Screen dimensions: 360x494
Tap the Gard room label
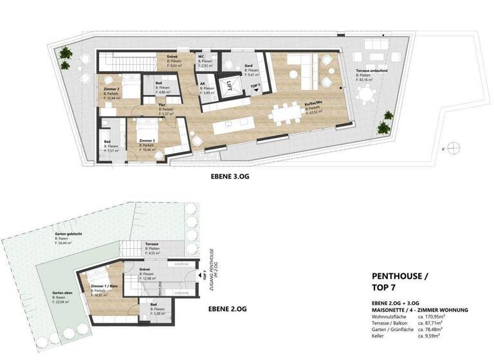(x=249, y=66)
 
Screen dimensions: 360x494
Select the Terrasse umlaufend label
(x=375, y=71)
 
